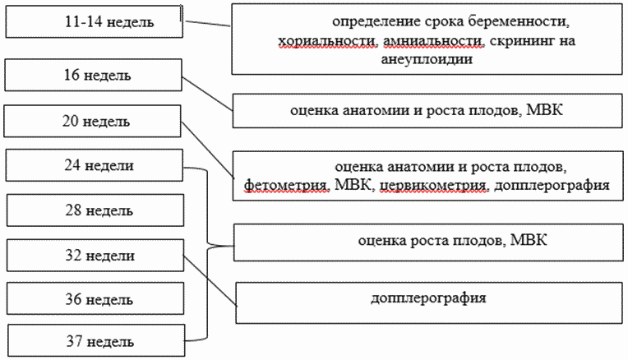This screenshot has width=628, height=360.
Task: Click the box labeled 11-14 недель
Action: pos(95,21)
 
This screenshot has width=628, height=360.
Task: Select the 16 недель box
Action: pos(94,75)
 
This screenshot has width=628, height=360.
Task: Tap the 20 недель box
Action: pos(93,121)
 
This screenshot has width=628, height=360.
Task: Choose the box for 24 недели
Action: pos(95,165)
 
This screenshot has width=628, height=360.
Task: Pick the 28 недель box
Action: pos(95,210)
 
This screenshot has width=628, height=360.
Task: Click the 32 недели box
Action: pos(95,256)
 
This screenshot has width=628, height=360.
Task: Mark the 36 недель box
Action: pos(95,298)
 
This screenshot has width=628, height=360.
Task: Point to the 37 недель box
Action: pos(96,340)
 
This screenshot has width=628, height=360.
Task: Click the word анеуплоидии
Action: pos(427,60)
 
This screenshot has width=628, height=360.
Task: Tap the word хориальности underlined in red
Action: pos(328,41)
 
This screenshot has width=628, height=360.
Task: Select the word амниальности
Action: pos(433,41)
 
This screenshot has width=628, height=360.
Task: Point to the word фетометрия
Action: pos(287,186)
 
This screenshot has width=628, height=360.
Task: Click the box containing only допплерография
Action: pos(429,302)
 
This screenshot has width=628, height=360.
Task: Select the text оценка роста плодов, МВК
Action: pos(453,240)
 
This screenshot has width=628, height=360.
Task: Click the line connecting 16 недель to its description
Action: pos(207,94)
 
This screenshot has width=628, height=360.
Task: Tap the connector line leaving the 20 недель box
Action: pos(207,150)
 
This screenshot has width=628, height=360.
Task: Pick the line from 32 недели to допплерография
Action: pos(210,281)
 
